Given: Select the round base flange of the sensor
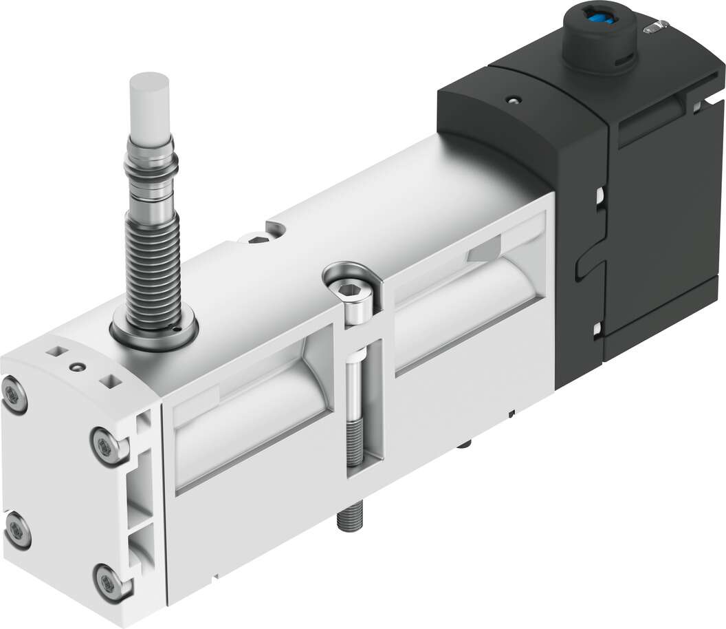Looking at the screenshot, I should tap(153, 334).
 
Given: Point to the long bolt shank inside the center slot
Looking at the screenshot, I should tap(356, 406).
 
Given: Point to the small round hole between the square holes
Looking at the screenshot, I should tap(80, 366).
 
